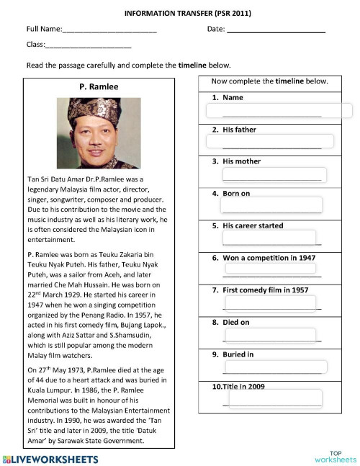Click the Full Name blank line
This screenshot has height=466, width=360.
[x=109, y=32]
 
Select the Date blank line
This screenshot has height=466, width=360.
[x=276, y=32]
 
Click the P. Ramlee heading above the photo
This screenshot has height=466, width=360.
[x=99, y=87]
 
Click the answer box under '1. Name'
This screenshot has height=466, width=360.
[x=279, y=111]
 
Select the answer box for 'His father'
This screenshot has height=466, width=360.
[x=270, y=141]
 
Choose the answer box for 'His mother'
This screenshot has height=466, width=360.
[x=273, y=174]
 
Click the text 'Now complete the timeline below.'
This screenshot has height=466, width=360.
[x=270, y=81]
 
